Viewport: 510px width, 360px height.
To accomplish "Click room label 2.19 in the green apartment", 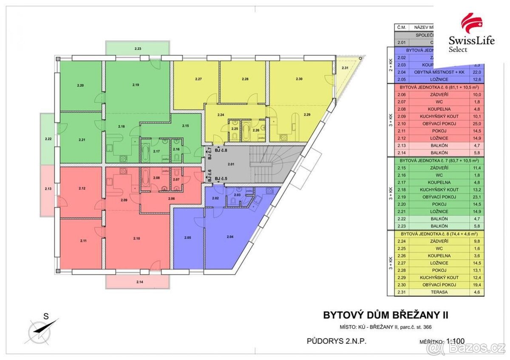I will click(x=136, y=85).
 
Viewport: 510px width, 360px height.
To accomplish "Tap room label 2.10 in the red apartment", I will click(x=136, y=238).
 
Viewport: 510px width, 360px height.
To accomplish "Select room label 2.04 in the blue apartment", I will click(x=230, y=236).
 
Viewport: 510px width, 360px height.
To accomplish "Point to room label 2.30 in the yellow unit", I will click(x=299, y=79).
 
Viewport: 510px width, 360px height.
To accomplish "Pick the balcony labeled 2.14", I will click(x=140, y=282).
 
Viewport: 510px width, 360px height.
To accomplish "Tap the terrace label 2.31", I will click(x=345, y=68).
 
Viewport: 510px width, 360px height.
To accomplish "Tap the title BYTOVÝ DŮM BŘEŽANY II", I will click(x=386, y=315).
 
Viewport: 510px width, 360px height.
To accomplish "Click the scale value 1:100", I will click(x=456, y=340).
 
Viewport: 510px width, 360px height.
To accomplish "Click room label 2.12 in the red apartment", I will click(x=82, y=188).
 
